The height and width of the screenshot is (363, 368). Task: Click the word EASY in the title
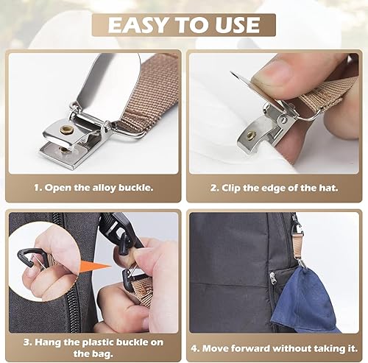click(x=138, y=25)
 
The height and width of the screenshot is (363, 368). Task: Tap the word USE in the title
click(x=237, y=25)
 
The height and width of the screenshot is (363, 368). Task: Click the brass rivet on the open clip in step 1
click(x=66, y=128)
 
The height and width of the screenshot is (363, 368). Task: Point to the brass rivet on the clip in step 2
click(x=251, y=135)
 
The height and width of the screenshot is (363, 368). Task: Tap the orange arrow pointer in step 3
click(x=95, y=267)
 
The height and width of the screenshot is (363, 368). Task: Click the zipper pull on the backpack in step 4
click(x=272, y=278)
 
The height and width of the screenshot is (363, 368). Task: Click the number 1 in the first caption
click(x=37, y=188)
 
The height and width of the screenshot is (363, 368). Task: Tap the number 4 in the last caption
click(x=194, y=348)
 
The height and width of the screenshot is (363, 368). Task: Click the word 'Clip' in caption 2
click(x=231, y=188)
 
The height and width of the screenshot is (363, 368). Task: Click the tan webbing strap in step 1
click(x=149, y=94)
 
